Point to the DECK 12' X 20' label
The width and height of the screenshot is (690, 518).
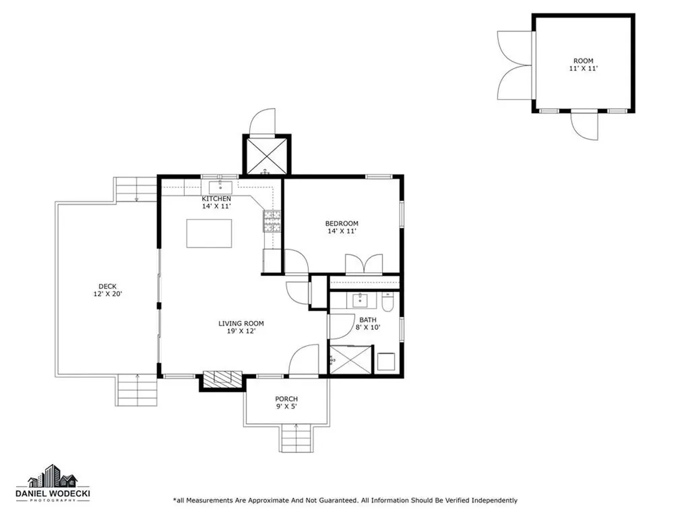(107, 290)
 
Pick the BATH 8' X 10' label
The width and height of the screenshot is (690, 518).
(368, 324)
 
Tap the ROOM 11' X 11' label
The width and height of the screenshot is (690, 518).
(584, 64)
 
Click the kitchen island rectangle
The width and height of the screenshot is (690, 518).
(209, 233)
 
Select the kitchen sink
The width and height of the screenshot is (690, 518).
(220, 188)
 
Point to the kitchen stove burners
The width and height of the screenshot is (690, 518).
(272, 221)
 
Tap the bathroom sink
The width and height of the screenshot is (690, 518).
(360, 300)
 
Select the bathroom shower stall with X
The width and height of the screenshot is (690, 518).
(351, 359)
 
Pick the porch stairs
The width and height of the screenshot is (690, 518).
(296, 438)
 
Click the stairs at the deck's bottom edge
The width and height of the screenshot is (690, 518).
(137, 391)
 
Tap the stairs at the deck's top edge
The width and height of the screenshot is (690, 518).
(136, 190)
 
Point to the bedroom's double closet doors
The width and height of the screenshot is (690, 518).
(364, 264)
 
